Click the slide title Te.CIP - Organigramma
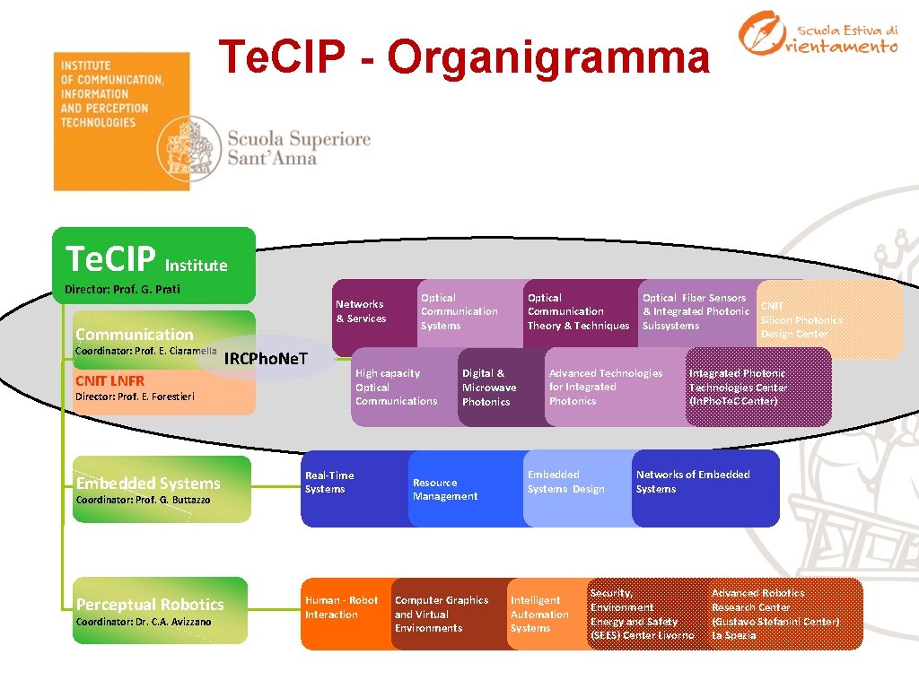click(x=465, y=57)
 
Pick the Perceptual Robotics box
click(x=162, y=610)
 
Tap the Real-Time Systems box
click(x=346, y=489)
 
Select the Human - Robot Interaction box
click(x=343, y=614)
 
